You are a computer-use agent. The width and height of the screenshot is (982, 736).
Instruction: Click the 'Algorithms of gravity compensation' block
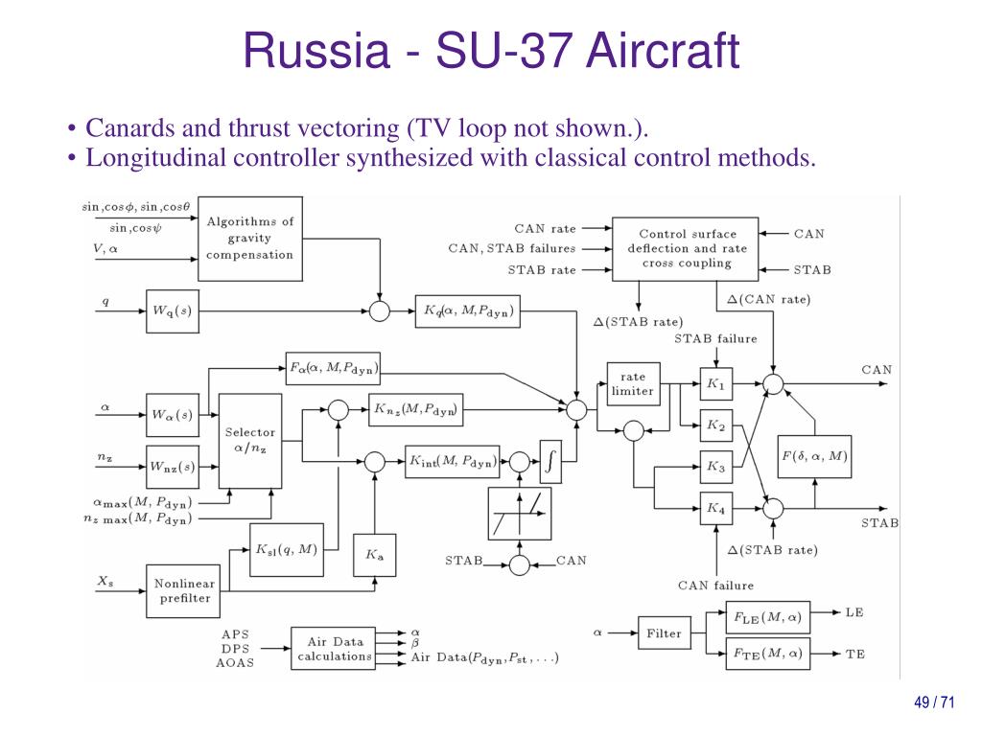click(x=250, y=239)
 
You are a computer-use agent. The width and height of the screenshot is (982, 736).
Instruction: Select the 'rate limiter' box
click(x=633, y=383)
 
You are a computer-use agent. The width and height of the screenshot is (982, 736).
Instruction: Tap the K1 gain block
click(x=715, y=383)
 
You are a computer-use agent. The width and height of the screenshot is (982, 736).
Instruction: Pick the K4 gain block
click(x=715, y=508)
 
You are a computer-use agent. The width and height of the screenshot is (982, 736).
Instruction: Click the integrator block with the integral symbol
click(x=550, y=461)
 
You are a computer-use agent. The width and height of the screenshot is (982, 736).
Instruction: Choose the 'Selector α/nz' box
click(x=250, y=441)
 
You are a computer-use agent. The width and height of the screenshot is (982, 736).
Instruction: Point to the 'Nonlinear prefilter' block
click(x=183, y=590)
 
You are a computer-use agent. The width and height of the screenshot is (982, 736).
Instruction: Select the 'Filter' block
click(x=664, y=633)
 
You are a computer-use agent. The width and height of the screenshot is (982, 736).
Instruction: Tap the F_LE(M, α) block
click(x=768, y=618)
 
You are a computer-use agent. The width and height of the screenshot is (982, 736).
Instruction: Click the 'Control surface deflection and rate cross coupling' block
click(x=685, y=248)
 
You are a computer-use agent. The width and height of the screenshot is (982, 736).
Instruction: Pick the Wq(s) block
click(x=173, y=311)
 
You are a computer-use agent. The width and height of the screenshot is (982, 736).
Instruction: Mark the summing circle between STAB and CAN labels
click(x=519, y=565)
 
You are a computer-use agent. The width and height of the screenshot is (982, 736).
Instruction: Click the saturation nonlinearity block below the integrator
click(x=519, y=514)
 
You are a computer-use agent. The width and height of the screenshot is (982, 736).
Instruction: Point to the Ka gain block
click(x=375, y=555)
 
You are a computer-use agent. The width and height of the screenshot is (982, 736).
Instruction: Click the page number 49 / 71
click(x=934, y=702)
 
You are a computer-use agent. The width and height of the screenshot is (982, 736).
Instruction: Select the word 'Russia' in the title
click(x=316, y=51)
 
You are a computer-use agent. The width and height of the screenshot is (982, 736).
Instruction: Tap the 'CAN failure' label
click(x=715, y=586)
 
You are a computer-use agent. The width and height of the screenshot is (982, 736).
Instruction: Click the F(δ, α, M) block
click(x=814, y=456)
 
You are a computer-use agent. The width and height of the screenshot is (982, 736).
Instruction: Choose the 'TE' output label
click(x=854, y=654)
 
